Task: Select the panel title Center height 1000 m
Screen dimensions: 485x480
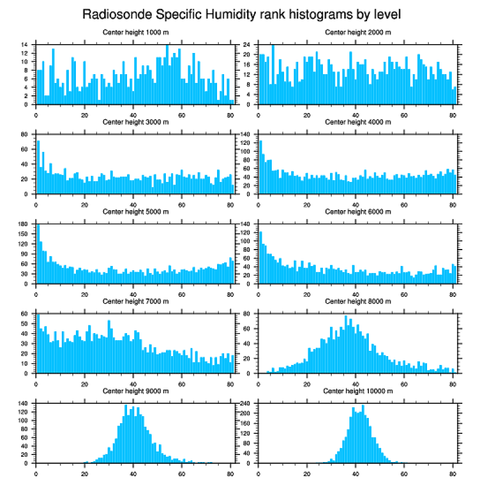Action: (x=135, y=32)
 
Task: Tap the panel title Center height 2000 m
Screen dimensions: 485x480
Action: (x=358, y=32)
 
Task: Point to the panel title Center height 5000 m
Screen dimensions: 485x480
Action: (x=135, y=212)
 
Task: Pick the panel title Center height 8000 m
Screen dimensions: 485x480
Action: (x=358, y=301)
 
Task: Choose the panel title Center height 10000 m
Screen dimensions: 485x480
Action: (x=358, y=391)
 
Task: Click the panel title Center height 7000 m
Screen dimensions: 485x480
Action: (x=135, y=301)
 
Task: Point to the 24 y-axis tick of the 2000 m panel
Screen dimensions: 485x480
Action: (x=248, y=45)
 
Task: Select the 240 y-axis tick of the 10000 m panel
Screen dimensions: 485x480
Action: (x=246, y=404)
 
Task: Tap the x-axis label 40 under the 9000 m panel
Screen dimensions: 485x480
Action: (x=133, y=471)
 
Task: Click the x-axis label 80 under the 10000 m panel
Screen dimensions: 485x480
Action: (x=452, y=471)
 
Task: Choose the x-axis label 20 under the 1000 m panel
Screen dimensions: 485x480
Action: (x=85, y=113)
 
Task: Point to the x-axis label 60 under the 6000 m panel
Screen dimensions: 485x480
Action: (x=404, y=293)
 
